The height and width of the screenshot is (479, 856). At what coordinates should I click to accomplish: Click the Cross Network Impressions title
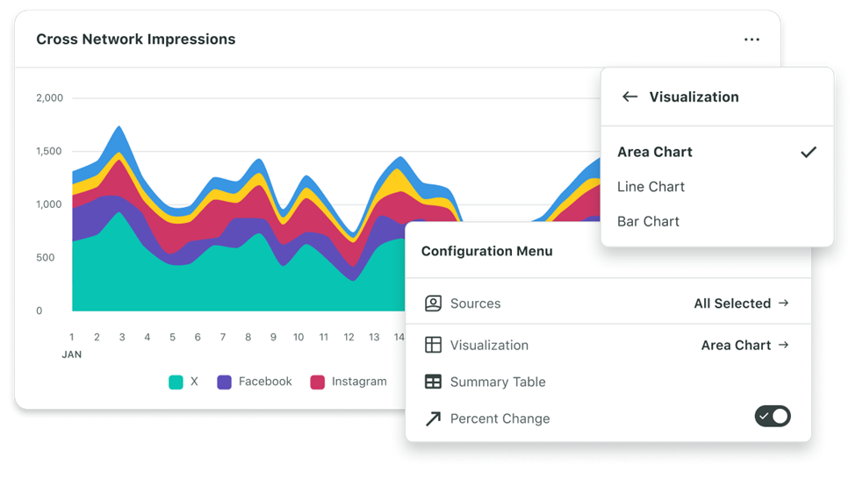point(135,39)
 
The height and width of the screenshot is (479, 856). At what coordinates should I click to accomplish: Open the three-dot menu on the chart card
point(752,39)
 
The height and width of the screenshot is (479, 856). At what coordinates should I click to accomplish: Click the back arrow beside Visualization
point(629,97)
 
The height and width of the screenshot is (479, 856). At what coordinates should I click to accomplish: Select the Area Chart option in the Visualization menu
point(655,152)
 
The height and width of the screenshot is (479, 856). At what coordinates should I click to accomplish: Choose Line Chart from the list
point(651,187)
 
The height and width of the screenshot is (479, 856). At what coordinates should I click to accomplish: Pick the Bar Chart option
point(648,222)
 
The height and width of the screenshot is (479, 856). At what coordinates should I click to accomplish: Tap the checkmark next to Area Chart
point(809,152)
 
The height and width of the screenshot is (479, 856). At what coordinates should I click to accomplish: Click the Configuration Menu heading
point(486,252)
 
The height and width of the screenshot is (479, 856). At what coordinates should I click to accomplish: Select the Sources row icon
point(433,304)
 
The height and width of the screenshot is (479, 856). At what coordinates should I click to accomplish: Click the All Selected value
point(732,304)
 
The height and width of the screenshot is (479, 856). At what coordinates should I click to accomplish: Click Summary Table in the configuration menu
point(497,382)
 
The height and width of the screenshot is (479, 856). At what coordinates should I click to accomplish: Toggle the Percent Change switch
point(773,416)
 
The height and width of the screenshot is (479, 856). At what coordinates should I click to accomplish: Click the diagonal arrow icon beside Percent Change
point(433,419)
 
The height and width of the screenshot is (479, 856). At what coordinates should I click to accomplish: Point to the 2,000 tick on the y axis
point(50,98)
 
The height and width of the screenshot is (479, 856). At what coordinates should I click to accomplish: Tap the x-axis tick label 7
point(223,337)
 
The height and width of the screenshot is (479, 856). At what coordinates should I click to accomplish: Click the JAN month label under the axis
point(72,354)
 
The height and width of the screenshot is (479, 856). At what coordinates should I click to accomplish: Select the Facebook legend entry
point(265,382)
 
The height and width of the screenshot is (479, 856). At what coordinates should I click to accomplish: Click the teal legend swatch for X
point(176,382)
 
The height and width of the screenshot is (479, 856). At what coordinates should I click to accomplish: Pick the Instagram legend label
point(359,382)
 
